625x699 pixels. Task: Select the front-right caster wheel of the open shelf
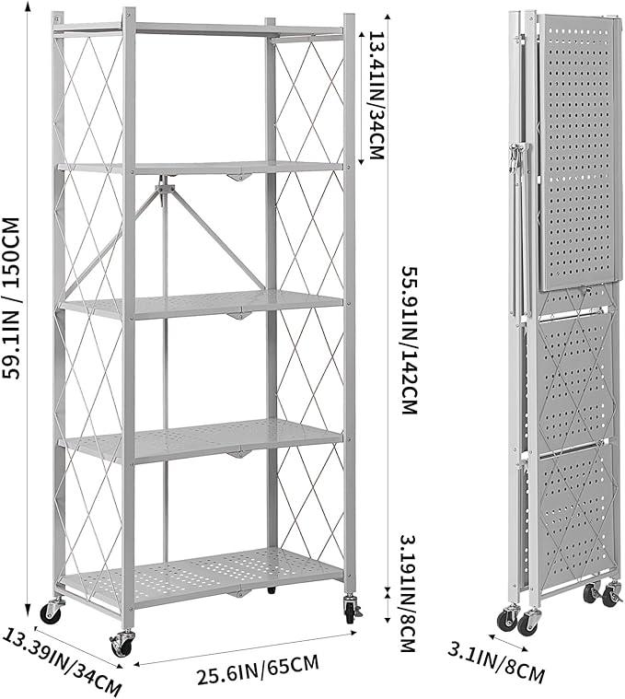pos(352,609)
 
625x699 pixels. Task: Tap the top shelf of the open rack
pos(203,29)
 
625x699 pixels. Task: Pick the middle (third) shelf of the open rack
pos(203,305)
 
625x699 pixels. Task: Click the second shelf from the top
pos(203,168)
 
